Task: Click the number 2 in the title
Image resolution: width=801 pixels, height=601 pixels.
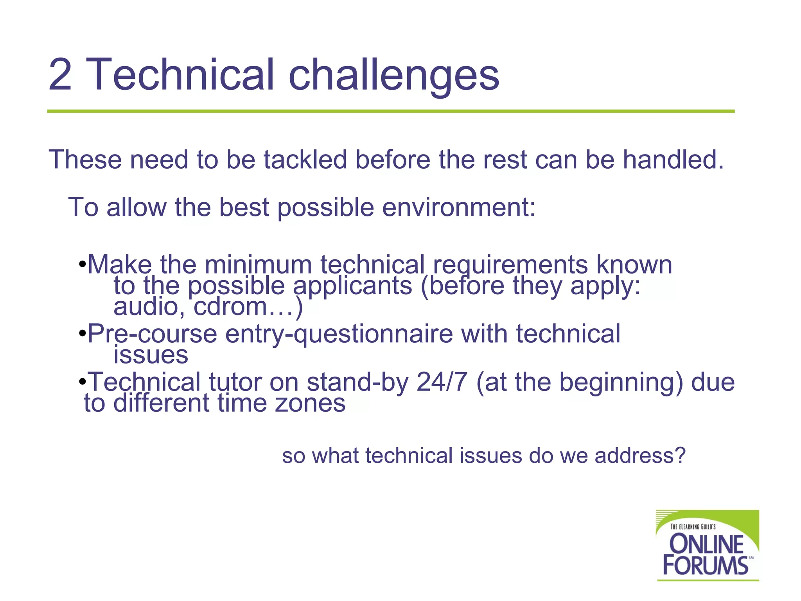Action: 60,74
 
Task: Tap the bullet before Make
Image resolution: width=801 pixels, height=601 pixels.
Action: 82,265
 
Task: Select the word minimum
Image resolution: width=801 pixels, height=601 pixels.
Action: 258,265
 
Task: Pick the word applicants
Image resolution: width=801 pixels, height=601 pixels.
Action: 352,286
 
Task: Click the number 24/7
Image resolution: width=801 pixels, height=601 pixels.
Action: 442,382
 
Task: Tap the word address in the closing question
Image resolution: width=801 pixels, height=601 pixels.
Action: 640,456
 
